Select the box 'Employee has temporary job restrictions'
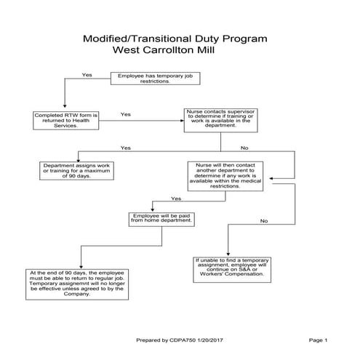154,79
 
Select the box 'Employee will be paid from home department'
162,219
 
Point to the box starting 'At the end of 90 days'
66,282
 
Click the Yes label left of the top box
87,75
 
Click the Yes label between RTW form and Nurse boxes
125,114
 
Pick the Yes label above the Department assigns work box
125,148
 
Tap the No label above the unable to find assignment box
264,220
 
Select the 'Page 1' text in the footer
318,340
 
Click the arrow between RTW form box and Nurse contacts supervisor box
138,121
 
